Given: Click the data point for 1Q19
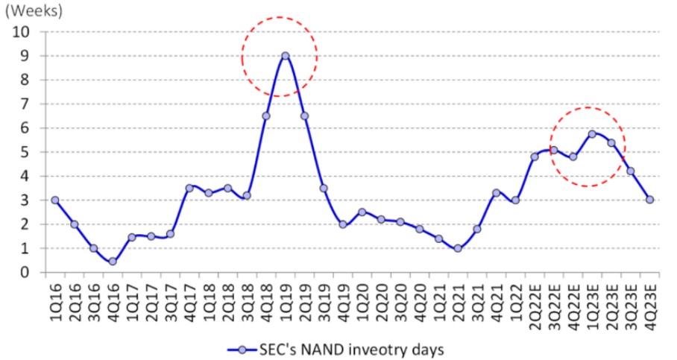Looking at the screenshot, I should click(x=285, y=56).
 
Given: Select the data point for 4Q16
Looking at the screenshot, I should click(x=113, y=261).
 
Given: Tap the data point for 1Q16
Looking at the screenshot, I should click(x=55, y=200).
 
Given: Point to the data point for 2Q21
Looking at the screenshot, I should click(x=458, y=248).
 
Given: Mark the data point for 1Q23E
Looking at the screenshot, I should click(x=592, y=134).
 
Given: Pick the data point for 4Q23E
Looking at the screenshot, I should click(x=649, y=200).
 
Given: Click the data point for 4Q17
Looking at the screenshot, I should click(x=189, y=188).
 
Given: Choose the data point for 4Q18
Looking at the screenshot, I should click(x=266, y=116).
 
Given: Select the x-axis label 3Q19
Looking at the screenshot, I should click(x=324, y=302).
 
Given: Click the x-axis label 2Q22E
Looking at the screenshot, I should click(x=535, y=306).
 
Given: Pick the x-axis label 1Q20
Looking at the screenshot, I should click(x=362, y=302).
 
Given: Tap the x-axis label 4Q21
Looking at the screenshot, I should click(x=497, y=302).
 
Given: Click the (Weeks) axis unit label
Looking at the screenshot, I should click(x=34, y=11).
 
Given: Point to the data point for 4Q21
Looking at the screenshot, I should click(x=496, y=193).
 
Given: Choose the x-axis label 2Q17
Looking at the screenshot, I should click(x=151, y=302).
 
